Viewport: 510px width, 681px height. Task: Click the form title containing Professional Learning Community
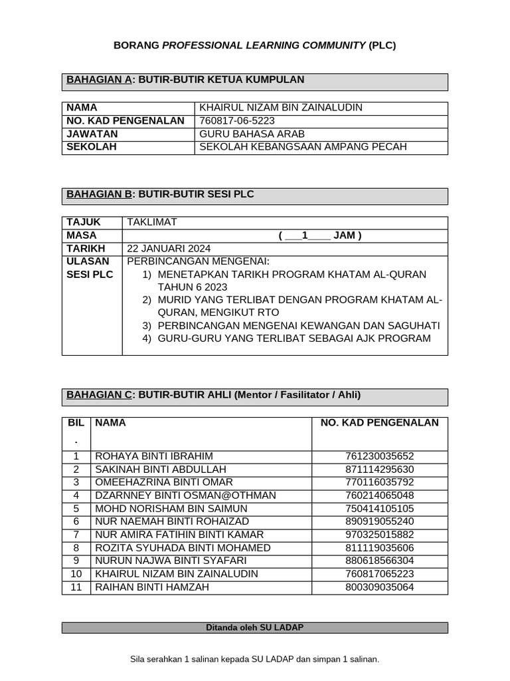254,45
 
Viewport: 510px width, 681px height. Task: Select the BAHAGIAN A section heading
185,80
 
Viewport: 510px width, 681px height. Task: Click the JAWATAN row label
91,134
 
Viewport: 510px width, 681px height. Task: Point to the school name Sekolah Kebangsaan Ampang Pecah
303,147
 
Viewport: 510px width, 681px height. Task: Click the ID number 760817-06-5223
237,120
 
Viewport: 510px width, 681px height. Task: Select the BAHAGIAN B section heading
159,194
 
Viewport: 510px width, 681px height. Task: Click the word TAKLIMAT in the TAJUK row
152,222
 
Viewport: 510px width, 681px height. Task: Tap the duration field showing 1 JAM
320,235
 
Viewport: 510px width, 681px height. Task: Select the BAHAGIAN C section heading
213,395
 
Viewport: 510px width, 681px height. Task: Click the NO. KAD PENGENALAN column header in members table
379,423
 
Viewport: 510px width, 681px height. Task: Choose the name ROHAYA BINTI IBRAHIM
154,456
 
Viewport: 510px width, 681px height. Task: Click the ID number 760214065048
379,495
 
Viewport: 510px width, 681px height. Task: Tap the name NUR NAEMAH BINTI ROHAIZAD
172,521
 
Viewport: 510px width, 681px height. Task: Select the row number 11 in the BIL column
76,587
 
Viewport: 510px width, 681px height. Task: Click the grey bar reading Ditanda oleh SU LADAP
254,627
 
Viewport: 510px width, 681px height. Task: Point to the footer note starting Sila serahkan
254,659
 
